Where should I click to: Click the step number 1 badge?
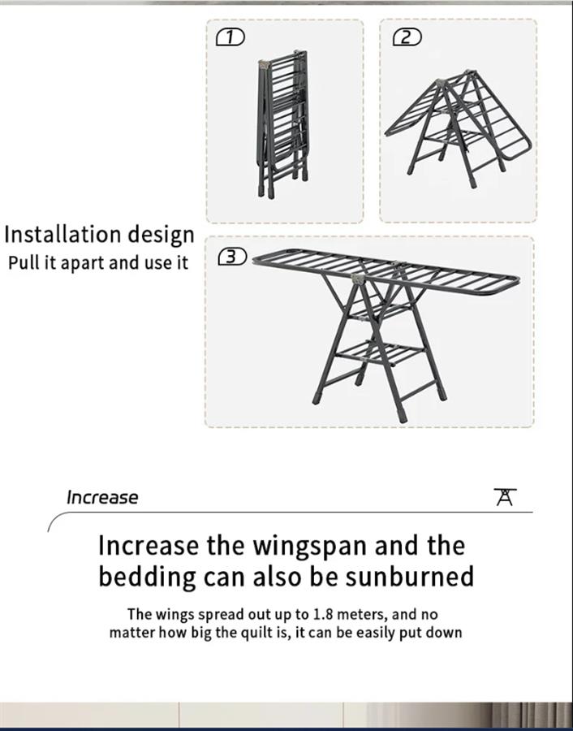tap(230, 37)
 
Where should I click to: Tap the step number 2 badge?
tap(407, 37)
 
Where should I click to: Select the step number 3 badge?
tap(232, 257)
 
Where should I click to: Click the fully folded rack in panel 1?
tap(282, 123)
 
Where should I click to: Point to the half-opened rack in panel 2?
tap(459, 129)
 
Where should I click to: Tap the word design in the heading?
tap(162, 236)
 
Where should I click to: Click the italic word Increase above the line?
tap(102, 497)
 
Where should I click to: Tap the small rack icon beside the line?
tap(506, 497)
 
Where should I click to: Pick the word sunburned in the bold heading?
tap(410, 576)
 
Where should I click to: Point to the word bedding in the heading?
tap(147, 577)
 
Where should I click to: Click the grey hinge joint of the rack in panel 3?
tap(357, 279)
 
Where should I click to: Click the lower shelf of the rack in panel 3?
tap(380, 354)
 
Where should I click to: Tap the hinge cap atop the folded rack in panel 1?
tap(265, 64)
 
